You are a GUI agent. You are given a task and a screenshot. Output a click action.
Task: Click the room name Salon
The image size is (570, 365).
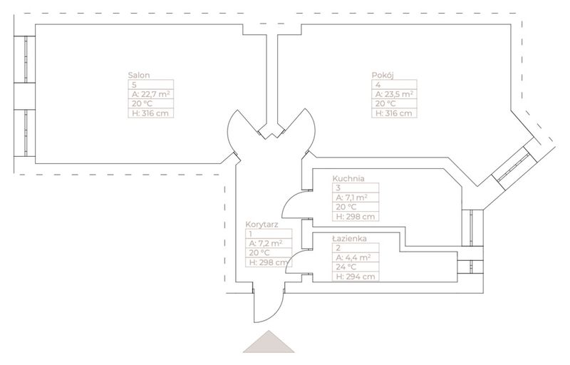pos(138,75)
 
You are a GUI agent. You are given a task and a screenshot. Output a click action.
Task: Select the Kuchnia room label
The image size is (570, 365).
pos(348,179)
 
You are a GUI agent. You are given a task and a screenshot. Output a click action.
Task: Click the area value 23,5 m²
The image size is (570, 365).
pos(394,93)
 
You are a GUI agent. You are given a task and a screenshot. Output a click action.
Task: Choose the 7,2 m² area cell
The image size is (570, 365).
pos(266,242)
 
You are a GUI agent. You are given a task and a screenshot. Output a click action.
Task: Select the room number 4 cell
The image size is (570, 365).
pos(394,84)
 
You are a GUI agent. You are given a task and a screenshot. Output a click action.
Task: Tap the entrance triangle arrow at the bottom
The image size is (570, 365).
pos(269,343)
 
